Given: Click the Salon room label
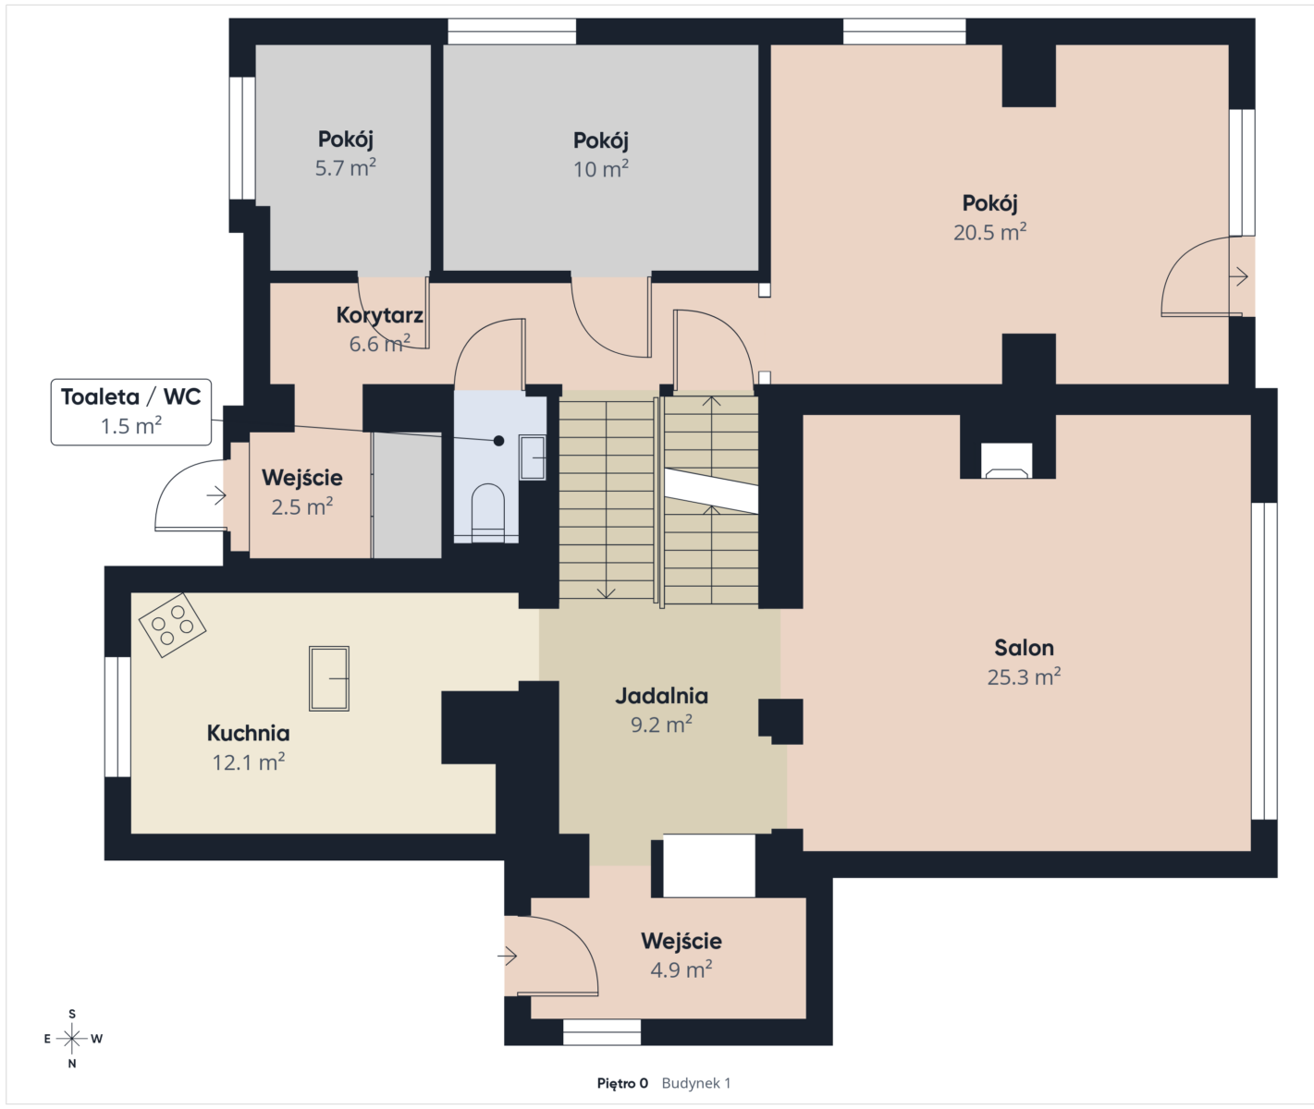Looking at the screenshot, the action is pyautogui.click(x=1024, y=647).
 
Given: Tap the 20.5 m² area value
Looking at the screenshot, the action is pyautogui.click(x=990, y=232).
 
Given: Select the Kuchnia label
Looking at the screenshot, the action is pyautogui.click(x=249, y=733).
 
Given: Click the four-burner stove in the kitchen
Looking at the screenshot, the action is pyautogui.click(x=172, y=626).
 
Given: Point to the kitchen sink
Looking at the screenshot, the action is pyautogui.click(x=329, y=678).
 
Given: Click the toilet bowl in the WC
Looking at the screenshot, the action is pyautogui.click(x=487, y=512).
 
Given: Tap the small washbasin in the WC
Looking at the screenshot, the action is pyautogui.click(x=533, y=457).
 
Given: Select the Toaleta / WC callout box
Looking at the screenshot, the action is pyautogui.click(x=131, y=412).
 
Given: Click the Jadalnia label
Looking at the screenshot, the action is pyautogui.click(x=661, y=696).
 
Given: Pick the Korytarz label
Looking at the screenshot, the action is pyautogui.click(x=379, y=315).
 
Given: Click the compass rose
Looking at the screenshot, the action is pyautogui.click(x=72, y=1039).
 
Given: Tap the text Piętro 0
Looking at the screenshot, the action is pyautogui.click(x=622, y=1083).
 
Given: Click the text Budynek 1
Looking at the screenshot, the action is pyautogui.click(x=696, y=1083).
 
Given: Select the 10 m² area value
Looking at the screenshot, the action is pyautogui.click(x=601, y=168).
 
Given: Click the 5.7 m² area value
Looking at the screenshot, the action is pyautogui.click(x=346, y=167).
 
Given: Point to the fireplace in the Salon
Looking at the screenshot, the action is pyautogui.click(x=1007, y=460).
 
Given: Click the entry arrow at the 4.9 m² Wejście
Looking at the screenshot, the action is pyautogui.click(x=508, y=957).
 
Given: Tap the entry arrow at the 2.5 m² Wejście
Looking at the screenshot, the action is pyautogui.click(x=216, y=495).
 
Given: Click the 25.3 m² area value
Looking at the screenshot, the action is pyautogui.click(x=1024, y=676).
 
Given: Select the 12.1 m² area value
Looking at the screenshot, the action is pyautogui.click(x=249, y=762).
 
